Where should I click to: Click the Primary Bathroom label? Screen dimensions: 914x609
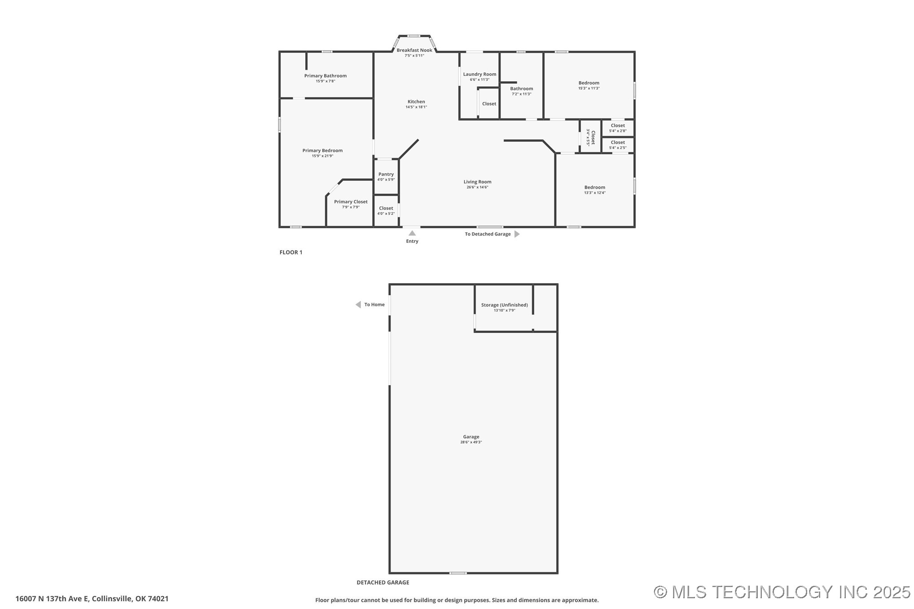(325, 76)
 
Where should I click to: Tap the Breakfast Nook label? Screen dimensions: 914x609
(414, 50)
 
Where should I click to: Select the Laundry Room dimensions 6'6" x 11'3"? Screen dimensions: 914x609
(479, 80)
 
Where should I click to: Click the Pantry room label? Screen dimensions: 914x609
(386, 174)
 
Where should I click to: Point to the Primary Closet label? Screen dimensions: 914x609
(351, 202)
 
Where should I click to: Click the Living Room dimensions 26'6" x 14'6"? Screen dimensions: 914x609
(477, 187)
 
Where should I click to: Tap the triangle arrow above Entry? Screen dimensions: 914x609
(412, 233)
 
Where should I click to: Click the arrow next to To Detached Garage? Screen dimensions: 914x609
(517, 234)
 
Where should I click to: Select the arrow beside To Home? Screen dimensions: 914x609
(358, 305)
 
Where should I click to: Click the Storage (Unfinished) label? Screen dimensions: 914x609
(505, 305)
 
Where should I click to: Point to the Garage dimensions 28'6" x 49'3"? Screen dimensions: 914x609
(471, 443)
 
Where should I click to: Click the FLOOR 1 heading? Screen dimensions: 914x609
(291, 252)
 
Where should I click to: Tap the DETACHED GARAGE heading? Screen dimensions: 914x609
(383, 583)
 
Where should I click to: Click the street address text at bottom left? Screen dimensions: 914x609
(92, 599)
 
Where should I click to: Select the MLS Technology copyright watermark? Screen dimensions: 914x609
(782, 592)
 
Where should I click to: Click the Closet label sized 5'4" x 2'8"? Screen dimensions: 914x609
(618, 126)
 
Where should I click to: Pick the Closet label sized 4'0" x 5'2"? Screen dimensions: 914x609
(386, 208)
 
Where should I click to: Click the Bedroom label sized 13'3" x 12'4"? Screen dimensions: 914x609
(595, 188)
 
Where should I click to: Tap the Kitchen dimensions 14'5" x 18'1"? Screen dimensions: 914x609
(416, 107)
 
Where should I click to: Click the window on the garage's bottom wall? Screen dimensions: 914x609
(458, 573)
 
